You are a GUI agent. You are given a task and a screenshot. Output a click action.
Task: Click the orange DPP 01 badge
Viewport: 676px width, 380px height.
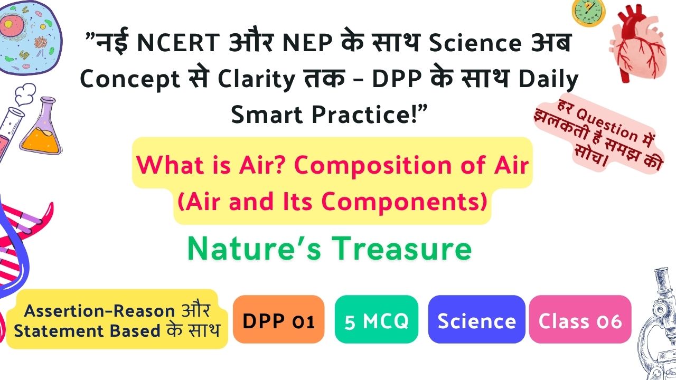point(278,319)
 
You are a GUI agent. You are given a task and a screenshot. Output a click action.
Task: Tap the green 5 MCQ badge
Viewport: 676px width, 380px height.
point(377,319)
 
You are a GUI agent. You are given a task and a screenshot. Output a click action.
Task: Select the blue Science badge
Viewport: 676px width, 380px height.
point(476,319)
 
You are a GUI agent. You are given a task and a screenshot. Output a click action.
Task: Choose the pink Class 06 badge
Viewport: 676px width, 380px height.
point(580,319)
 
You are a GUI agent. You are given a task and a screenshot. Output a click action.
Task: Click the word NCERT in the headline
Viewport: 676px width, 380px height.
point(179,43)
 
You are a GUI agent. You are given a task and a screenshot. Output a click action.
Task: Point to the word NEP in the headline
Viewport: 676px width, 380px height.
point(307,43)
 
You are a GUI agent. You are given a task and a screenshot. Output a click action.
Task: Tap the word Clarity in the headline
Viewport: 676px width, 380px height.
point(256,80)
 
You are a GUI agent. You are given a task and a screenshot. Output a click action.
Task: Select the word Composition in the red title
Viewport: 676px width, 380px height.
point(372,166)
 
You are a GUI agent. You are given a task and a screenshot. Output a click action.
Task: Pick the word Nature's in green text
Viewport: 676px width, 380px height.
point(254,249)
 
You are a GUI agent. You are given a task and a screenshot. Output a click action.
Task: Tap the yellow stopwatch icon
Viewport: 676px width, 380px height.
point(588,12)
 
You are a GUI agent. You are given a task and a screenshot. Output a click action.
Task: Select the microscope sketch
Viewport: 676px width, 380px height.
point(658,324)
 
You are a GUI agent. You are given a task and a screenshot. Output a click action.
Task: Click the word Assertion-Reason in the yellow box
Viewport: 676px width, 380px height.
point(100,311)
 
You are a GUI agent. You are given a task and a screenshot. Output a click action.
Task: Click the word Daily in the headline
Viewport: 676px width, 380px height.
point(548,80)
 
